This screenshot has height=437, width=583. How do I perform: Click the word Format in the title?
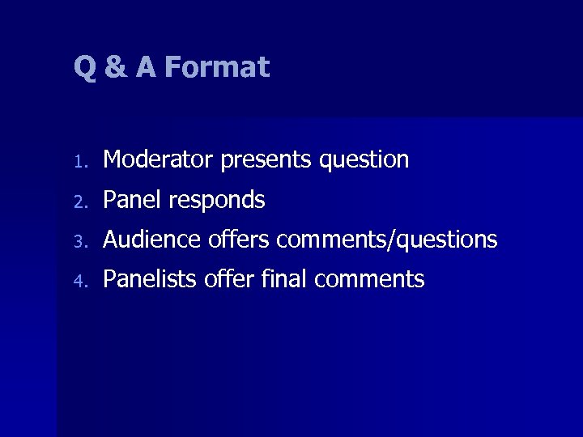coord(216,67)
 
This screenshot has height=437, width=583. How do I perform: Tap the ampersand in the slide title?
coord(116,67)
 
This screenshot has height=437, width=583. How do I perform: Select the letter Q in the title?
coord(85,68)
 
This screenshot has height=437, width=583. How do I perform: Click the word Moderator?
coord(159,159)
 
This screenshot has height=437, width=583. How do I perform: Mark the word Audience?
coord(152,240)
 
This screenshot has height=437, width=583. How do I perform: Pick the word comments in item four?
coord(369,280)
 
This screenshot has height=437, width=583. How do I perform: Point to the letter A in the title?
coord(146,67)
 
